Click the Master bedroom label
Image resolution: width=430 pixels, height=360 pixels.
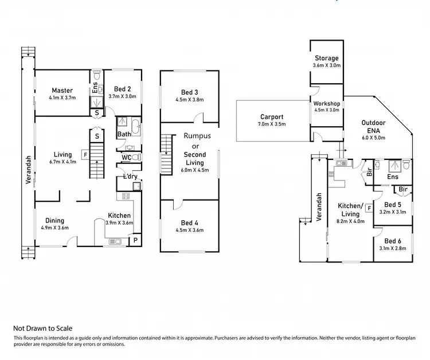coord(61,90)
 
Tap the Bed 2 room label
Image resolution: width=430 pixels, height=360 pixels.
coord(123,89)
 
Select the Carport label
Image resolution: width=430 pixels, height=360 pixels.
coord(272,116)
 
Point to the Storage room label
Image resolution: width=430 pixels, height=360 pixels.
coord(326,58)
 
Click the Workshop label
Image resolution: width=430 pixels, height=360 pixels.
coord(326,103)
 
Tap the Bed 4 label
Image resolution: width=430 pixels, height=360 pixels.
coord(189,222)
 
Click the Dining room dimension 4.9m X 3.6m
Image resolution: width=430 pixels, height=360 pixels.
coord(55,228)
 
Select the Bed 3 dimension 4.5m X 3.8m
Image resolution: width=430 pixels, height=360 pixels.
coord(189,99)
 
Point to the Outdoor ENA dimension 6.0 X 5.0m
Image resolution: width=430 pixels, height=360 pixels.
coord(373,137)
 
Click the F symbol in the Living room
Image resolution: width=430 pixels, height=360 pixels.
coord(84,154)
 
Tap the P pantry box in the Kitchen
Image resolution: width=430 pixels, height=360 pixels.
coord(136,239)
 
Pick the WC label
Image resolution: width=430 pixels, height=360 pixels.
coord(126,157)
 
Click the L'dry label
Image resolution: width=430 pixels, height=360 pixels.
coord(130,176)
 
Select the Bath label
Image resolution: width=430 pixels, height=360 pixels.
coord(124,135)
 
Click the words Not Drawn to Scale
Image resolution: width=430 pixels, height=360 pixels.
coord(42,328)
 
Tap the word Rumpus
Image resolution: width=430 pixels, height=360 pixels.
coord(197,136)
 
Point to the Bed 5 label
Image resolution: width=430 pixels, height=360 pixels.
coord(392,205)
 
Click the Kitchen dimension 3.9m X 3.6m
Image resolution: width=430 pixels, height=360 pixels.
coord(120,222)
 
